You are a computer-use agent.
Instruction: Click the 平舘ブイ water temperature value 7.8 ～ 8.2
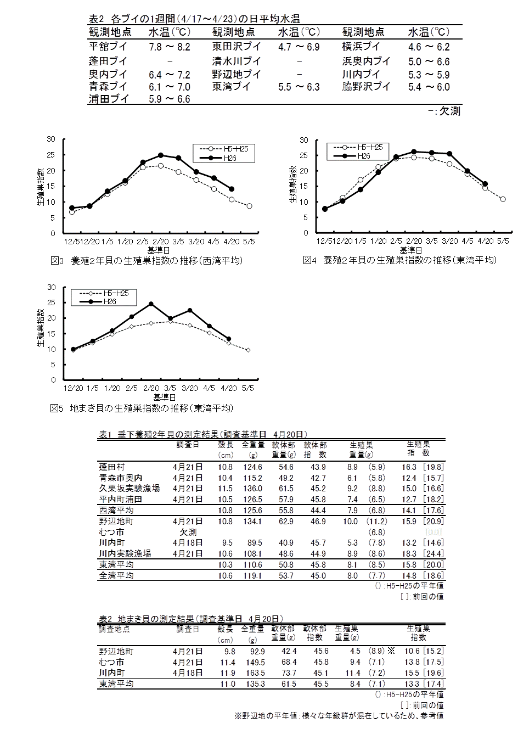coord(170,47)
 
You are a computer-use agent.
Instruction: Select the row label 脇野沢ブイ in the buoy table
coord(366,87)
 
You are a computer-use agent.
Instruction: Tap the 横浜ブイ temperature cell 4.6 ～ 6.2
coord(429,47)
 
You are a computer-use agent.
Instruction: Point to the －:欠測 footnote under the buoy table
coord(444,111)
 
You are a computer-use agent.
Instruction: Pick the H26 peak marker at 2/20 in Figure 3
coord(160,155)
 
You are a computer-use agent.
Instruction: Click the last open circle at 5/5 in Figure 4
coord(503,199)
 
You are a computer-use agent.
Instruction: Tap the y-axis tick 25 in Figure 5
coord(52,302)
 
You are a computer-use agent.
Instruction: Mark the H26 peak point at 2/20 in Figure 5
coord(151,304)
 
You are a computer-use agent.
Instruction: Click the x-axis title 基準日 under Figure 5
coord(165,397)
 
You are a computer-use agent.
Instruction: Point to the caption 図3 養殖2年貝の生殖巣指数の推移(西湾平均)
coord(147,261)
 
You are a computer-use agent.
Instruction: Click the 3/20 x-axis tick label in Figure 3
coord(196,242)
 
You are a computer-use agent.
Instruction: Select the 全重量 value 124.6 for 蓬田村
coord(252,467)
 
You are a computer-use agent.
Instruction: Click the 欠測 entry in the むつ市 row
coord(188,532)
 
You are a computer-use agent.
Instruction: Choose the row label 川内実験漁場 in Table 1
coord(125,553)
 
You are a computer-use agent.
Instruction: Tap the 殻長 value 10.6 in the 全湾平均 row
coord(226,575)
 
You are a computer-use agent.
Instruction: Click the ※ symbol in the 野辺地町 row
coord(391,651)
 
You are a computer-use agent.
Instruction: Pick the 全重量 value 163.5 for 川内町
coord(255,673)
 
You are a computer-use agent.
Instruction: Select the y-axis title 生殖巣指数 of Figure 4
coord(292,184)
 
